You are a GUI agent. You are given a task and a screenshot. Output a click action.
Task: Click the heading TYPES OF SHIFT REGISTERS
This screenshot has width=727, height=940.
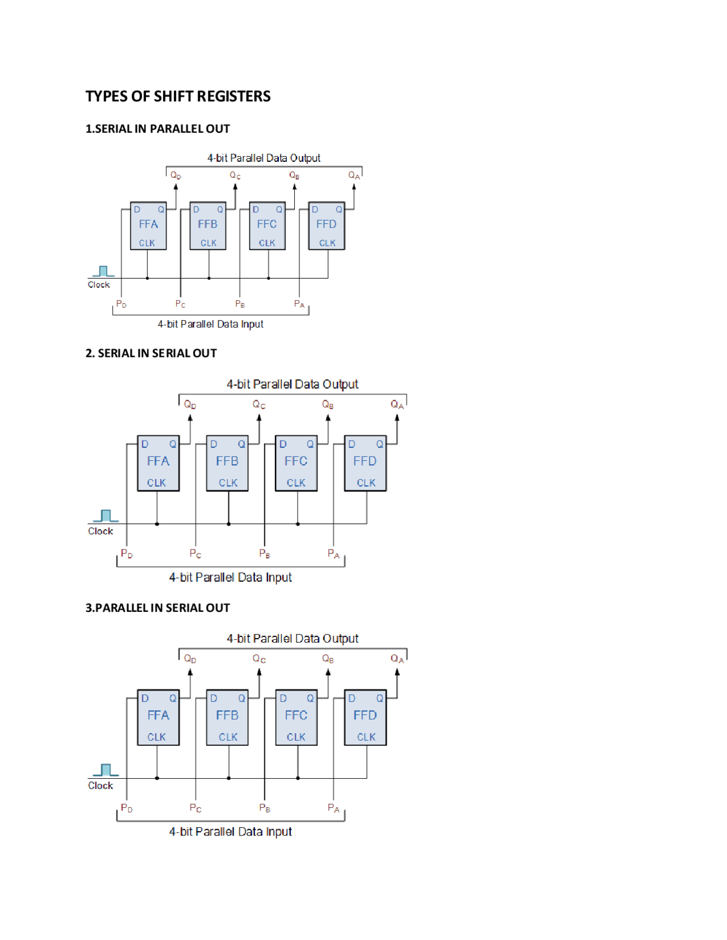(x=178, y=96)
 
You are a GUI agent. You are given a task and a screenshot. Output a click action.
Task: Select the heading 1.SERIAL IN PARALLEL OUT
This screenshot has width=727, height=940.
(x=157, y=129)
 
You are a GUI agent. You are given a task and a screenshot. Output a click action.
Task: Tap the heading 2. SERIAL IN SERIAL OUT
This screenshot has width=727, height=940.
(x=151, y=353)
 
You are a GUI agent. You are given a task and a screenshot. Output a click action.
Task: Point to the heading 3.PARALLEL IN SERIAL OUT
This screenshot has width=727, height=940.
(x=157, y=608)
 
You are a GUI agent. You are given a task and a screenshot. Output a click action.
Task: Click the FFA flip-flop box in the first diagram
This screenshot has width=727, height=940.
(x=148, y=225)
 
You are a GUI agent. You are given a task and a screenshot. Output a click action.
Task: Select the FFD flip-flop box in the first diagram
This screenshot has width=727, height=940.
(x=327, y=225)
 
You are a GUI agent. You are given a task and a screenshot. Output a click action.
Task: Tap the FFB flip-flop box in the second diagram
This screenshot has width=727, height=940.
(x=227, y=463)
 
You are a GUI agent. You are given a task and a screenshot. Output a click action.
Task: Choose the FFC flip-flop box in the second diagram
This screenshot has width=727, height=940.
(x=296, y=463)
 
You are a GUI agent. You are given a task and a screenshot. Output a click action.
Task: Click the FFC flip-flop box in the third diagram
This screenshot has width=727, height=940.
(x=296, y=717)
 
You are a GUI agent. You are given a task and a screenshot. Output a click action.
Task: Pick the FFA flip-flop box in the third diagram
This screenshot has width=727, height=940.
(x=158, y=717)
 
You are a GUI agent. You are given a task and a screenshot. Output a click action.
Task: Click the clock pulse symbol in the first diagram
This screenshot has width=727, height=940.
(x=103, y=271)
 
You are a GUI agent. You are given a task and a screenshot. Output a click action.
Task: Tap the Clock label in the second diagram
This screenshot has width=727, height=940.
(x=101, y=531)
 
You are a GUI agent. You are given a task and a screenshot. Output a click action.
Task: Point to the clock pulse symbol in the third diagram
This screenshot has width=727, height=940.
(x=106, y=770)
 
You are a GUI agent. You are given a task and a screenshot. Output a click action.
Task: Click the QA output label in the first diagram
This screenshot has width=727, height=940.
(x=354, y=175)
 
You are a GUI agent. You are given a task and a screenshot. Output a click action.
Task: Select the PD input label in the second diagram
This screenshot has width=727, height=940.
(x=127, y=554)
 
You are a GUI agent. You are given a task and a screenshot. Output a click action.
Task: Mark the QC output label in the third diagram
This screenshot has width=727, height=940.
(x=259, y=658)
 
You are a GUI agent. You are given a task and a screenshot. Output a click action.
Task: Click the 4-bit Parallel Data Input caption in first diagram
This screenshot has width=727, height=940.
(x=210, y=324)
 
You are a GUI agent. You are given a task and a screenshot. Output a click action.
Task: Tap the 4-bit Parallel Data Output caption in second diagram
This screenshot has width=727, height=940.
(x=293, y=384)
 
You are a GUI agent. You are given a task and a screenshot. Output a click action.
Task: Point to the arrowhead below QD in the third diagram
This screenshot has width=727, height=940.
(x=190, y=673)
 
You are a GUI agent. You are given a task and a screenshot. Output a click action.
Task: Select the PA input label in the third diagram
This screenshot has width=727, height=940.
(x=333, y=808)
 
